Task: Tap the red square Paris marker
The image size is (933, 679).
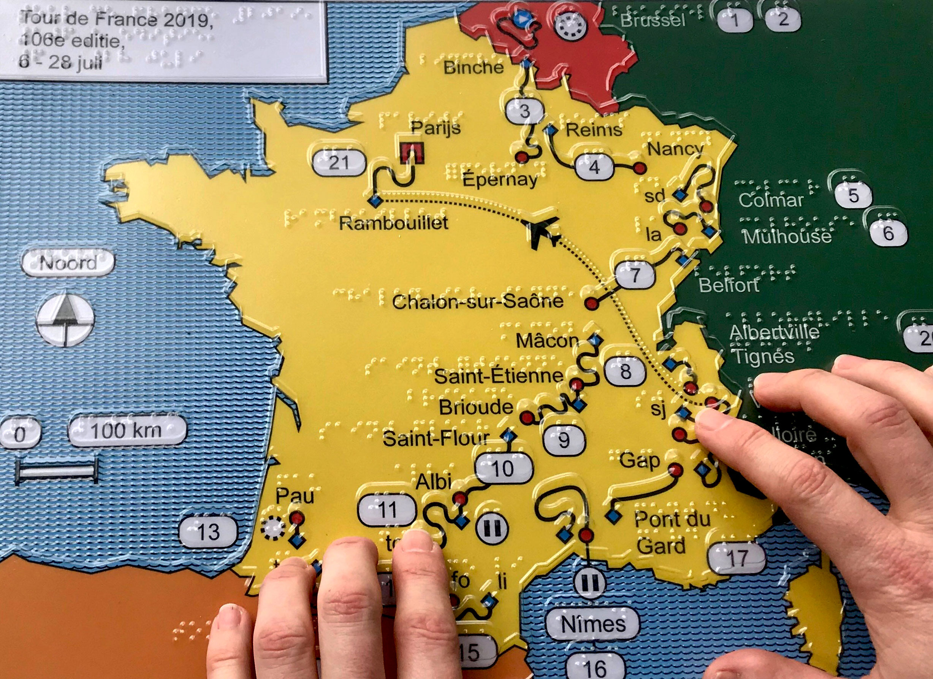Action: point(412,153)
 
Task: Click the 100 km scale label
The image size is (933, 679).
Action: point(126,431)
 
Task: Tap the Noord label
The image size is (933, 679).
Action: point(68,263)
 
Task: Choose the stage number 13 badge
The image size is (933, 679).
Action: point(209,532)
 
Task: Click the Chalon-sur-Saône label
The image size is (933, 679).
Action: point(478,301)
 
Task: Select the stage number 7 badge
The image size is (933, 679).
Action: point(635,274)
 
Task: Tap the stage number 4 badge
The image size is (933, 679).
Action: point(594,167)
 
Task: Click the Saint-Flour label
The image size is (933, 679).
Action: point(436,439)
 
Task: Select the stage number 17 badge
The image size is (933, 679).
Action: point(737,558)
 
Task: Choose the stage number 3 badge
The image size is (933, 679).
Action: point(525,111)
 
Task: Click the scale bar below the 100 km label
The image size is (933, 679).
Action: point(57,471)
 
